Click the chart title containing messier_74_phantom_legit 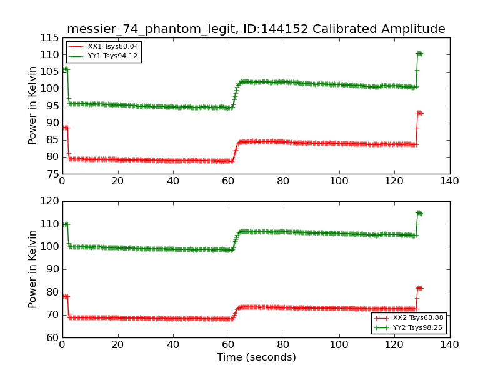(256, 29)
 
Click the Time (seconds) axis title (256, 357)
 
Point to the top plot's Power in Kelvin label (33, 106)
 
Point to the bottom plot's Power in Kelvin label (33, 269)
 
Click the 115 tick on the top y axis (49, 37)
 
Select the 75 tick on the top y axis (52, 174)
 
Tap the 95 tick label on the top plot (52, 106)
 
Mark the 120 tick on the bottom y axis (49, 201)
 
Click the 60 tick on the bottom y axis (52, 337)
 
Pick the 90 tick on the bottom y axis (52, 269)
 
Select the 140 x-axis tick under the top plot (449, 181)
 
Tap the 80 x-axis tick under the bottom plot (284, 345)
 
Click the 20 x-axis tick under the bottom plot (117, 345)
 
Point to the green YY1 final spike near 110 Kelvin (419, 53)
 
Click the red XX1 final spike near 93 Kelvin (419, 112)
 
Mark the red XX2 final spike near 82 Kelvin (419, 288)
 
